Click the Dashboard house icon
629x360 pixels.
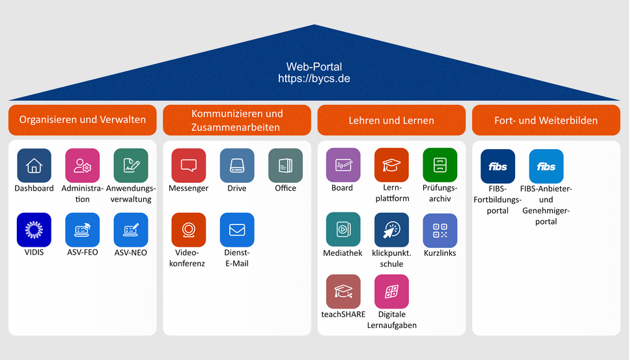pos(34,165)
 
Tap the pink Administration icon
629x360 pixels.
pos(82,165)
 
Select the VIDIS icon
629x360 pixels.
pos(34,230)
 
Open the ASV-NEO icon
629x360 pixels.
pos(131,230)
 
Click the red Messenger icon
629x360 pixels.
pos(189,165)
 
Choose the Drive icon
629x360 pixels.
pos(237,165)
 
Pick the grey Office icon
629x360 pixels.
pos(285,165)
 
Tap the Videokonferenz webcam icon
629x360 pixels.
pos(189,230)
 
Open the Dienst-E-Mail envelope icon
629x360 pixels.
pos(237,230)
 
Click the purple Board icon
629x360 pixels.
pos(343,165)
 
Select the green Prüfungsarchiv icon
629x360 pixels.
pos(440,165)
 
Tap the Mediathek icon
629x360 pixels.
pos(343,229)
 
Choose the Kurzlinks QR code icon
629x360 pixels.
pos(440,230)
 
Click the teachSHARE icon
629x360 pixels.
pos(343,292)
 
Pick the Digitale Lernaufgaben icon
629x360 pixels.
pos(391,292)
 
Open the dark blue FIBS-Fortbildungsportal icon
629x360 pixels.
pos(498,167)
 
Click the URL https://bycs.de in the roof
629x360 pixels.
pos(314,79)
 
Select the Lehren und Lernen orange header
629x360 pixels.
pos(391,120)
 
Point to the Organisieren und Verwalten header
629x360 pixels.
pos(82,120)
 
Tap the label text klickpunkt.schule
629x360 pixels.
pos(391,258)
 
